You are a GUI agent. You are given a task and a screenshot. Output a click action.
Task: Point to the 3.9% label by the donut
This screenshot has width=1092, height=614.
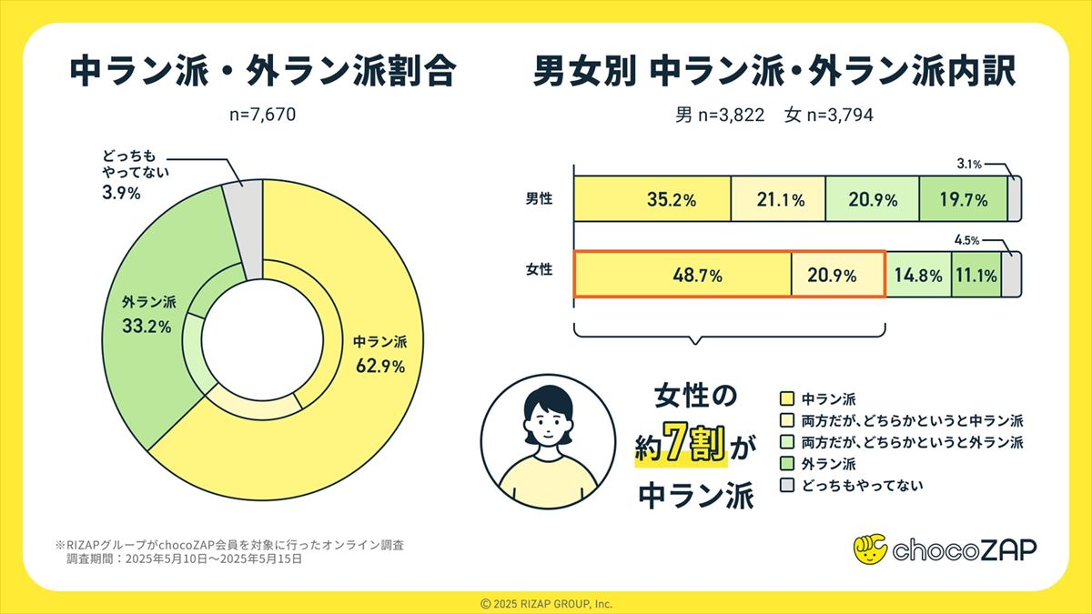click(120, 194)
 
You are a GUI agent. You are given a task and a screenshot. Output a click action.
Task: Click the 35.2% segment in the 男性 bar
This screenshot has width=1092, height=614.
click(652, 200)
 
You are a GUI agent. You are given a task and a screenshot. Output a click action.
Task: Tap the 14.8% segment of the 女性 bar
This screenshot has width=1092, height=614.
click(917, 275)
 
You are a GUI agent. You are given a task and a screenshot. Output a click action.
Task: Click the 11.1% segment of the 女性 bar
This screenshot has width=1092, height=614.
click(976, 275)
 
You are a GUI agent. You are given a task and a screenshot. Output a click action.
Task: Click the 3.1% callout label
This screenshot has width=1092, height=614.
click(969, 165)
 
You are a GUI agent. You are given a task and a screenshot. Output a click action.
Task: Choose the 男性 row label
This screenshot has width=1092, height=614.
click(539, 199)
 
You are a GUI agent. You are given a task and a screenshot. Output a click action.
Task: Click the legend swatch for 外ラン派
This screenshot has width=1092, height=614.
click(787, 464)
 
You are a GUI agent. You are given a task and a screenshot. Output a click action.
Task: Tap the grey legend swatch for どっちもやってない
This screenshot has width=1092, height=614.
click(787, 486)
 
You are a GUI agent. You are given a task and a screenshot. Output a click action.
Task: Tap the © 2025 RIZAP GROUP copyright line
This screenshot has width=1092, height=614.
click(546, 603)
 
